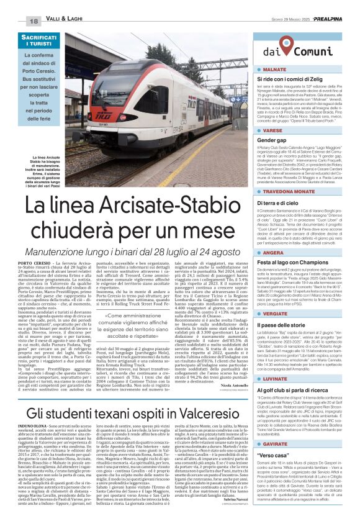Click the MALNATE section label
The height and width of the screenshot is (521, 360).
coord(277,70)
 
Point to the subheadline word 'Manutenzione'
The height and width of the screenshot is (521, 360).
coord(68,235)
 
